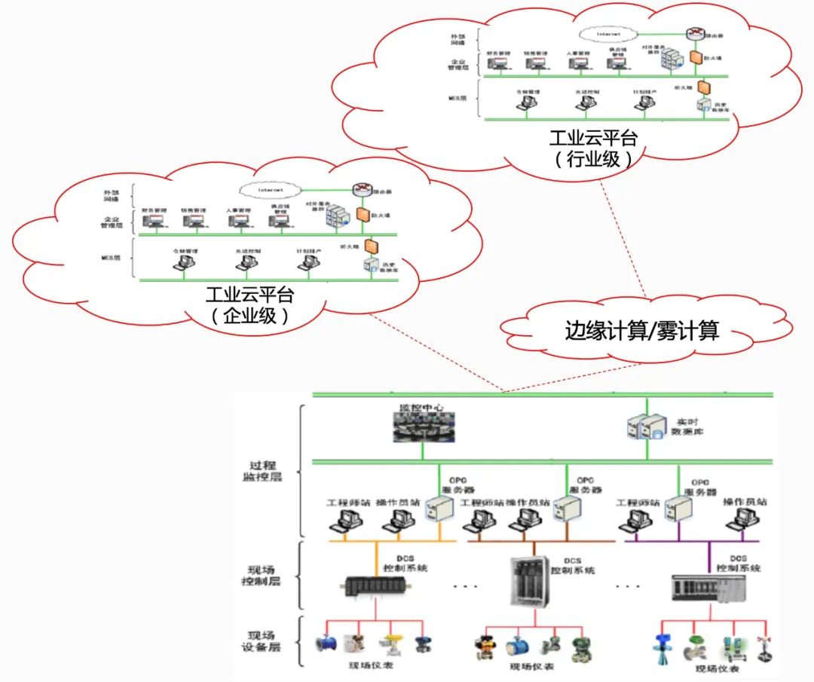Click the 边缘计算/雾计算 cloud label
[x=642, y=330]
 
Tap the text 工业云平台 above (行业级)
[x=593, y=139]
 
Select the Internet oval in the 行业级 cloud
[x=607, y=34]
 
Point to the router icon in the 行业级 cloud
[x=694, y=35]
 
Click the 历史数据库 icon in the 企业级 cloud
[x=370, y=265]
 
